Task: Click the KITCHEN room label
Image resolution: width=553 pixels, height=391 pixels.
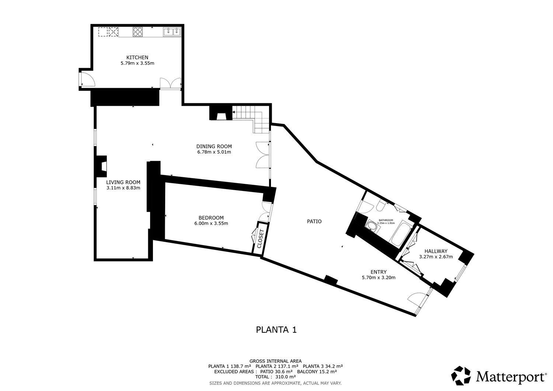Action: (137, 57)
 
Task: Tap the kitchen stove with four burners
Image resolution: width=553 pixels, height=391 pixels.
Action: (138, 32)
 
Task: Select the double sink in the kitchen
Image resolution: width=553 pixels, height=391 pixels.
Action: (172, 32)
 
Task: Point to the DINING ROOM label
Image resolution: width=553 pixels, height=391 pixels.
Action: (214, 146)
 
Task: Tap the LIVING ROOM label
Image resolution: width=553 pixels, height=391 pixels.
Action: (123, 182)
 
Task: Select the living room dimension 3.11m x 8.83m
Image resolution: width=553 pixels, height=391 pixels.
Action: (123, 188)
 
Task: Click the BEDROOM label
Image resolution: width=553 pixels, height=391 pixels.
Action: (211, 218)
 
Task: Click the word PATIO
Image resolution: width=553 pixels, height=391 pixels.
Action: (314, 221)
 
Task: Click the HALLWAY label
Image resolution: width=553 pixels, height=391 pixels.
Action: (436, 251)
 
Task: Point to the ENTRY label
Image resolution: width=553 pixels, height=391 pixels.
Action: (379, 272)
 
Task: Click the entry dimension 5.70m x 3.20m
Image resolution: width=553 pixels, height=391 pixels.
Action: (379, 277)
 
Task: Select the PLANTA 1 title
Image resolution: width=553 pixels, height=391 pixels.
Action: (276, 329)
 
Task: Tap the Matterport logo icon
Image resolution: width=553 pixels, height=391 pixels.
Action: (462, 376)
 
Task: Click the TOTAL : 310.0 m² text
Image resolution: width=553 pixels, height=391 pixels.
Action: (275, 377)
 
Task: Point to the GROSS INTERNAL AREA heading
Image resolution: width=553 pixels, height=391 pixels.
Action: (275, 361)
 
